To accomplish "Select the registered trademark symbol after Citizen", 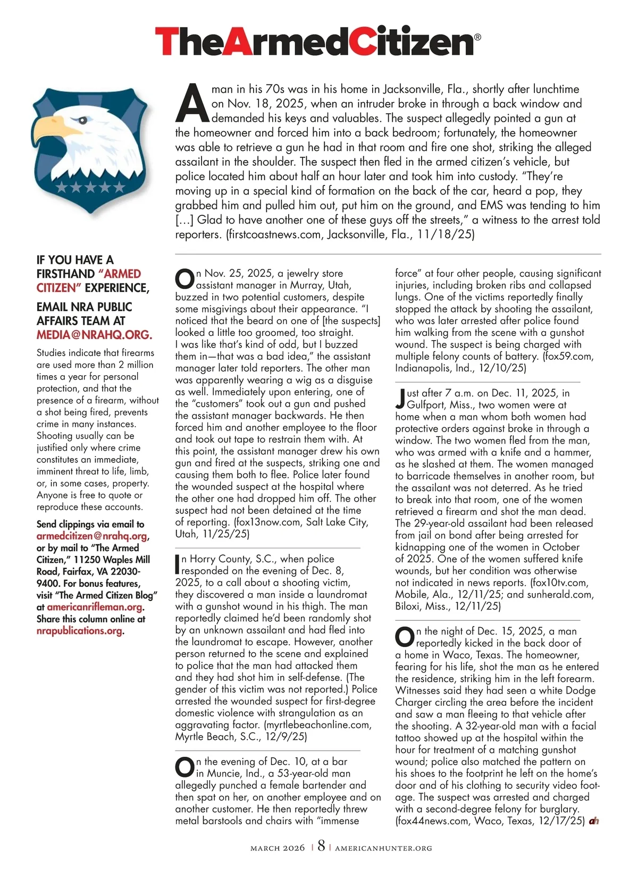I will pos(477,37).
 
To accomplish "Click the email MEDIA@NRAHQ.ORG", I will pos(94,335).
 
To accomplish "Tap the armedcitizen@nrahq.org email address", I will pos(92,536).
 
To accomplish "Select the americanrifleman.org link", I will pos(95,607).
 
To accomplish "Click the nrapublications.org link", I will pos(79,631).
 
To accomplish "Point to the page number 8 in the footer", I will pos(321,846).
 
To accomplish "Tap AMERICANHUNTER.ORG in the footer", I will pos(383,848).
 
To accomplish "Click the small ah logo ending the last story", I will pos(594,821).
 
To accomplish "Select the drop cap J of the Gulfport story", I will pos(400,398).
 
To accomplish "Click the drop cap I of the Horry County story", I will pos(178,564).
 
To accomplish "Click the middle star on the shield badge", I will pos(90,187).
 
